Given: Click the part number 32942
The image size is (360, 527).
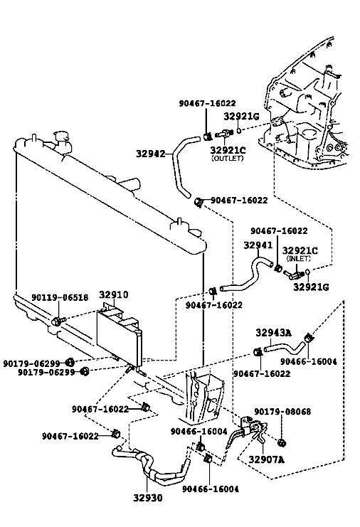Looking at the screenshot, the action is [x=151, y=154].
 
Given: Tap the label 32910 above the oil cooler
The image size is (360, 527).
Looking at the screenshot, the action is [x=114, y=294].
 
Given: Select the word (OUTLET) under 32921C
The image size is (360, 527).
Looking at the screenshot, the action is [x=227, y=159].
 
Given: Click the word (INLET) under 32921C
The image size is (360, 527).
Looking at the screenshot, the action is [x=298, y=258].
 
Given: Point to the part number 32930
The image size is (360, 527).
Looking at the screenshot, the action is [x=147, y=498].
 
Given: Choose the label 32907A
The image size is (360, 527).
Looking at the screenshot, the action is [x=266, y=459].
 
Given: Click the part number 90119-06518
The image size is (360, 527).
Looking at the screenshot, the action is [x=60, y=297].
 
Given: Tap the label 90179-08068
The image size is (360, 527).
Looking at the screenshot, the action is [x=282, y=411].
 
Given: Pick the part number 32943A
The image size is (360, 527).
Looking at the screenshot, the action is [x=274, y=333].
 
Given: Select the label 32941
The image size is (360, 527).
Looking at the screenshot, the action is [x=258, y=245].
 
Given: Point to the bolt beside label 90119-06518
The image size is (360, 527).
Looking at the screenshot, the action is [x=58, y=321].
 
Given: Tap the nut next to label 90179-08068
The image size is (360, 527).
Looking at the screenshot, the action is [x=282, y=442].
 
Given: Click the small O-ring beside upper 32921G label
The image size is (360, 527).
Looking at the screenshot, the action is [x=238, y=130].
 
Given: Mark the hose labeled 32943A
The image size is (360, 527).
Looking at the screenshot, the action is [x=286, y=348].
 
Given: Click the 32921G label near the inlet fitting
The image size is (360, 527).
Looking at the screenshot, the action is [x=311, y=287].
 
